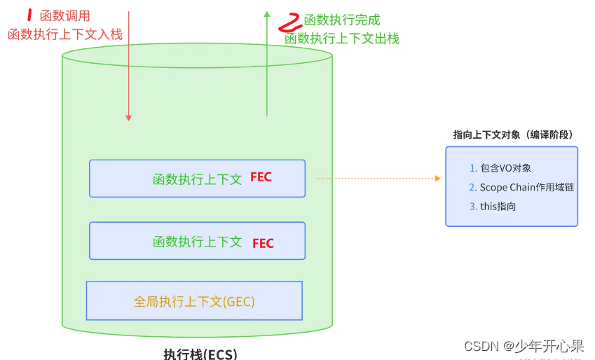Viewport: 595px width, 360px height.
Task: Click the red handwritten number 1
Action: tap(29, 15)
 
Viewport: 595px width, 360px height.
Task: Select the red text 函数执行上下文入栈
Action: tap(65, 34)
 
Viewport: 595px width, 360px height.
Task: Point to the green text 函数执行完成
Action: tap(342, 20)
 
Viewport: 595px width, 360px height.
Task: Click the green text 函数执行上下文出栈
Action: tap(342, 39)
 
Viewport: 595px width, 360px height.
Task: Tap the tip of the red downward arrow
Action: tap(128, 120)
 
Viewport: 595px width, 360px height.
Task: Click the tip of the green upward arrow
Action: tap(266, 12)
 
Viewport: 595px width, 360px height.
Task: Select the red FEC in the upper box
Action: tap(261, 178)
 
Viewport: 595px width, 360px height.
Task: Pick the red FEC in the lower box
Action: tap(263, 244)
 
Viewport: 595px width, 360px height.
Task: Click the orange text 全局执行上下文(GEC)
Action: tap(194, 302)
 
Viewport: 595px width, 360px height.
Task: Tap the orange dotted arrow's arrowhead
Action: tap(438, 179)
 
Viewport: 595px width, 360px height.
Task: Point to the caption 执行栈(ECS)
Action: tap(200, 354)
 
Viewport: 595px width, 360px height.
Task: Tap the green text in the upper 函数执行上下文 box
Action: tap(198, 179)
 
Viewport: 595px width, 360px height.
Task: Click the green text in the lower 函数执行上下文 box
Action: tap(198, 242)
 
